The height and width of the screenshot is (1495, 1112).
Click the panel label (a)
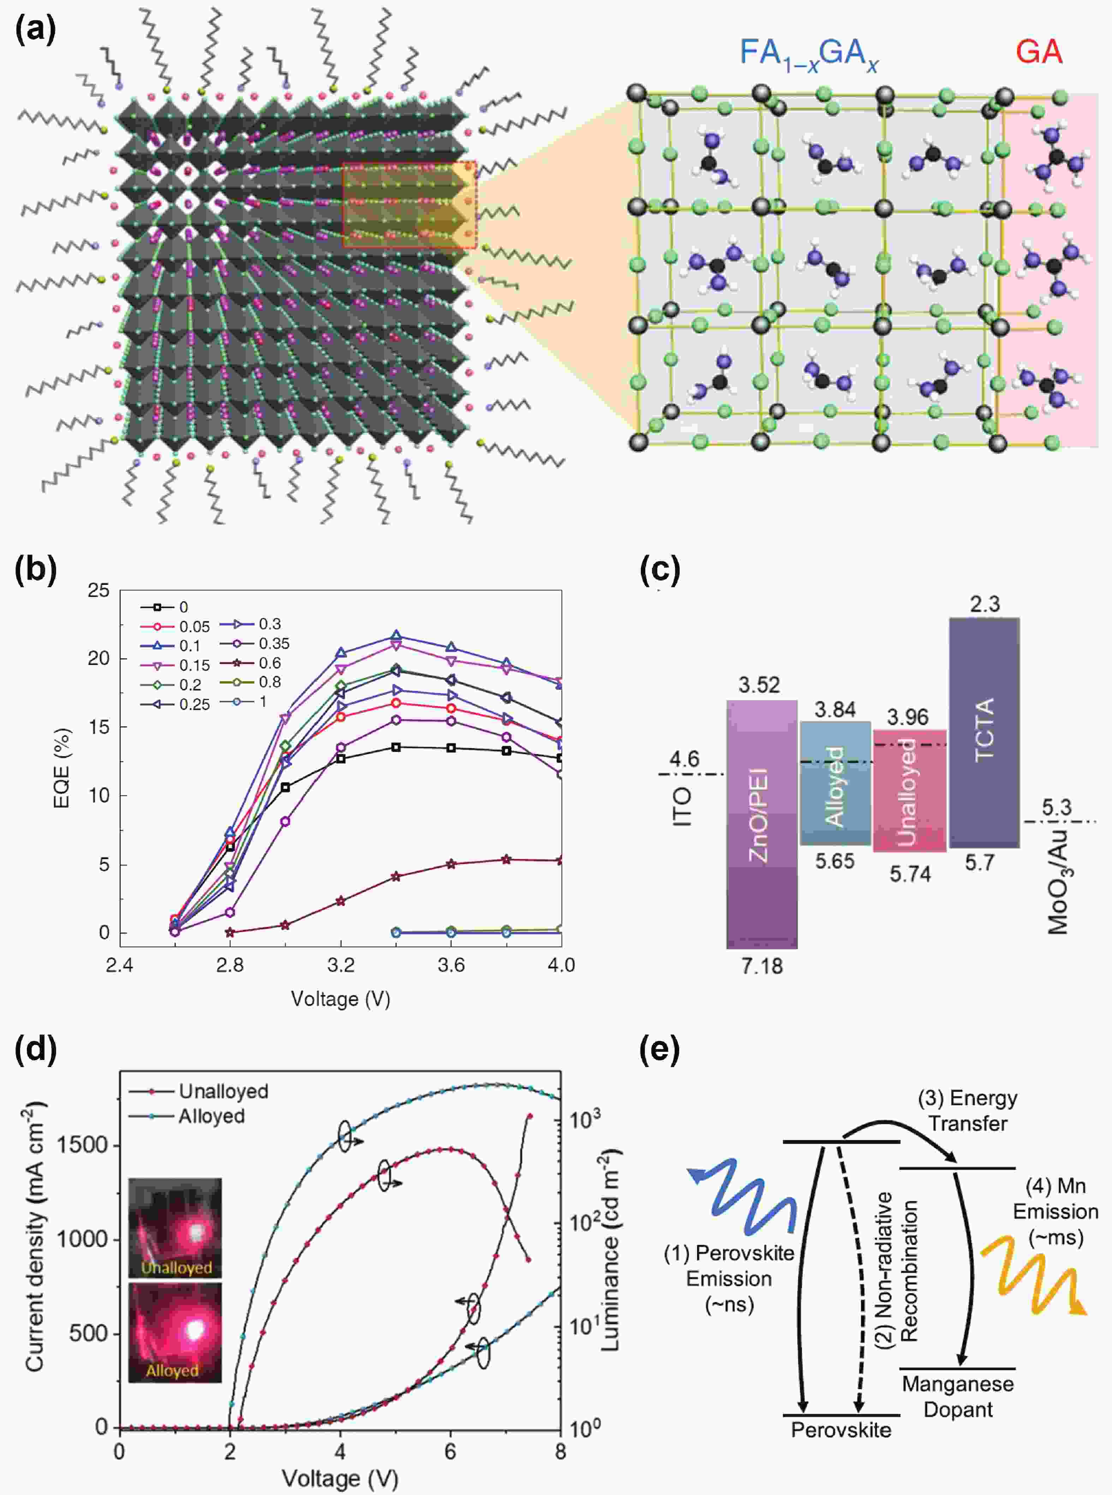click(35, 30)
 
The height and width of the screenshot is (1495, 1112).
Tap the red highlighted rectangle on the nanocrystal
click(409, 205)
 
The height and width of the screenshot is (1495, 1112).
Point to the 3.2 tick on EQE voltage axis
click(341, 965)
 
